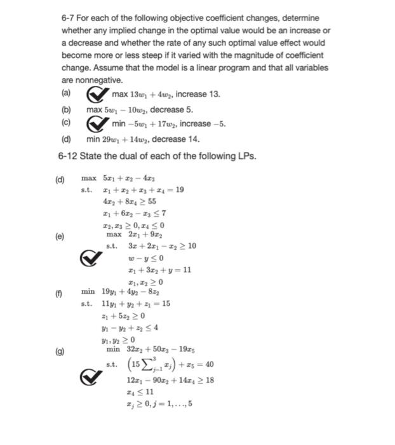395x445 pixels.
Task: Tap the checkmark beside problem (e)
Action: (91, 258)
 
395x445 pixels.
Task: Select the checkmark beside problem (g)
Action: (91, 378)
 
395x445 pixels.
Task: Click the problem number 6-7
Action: (69, 18)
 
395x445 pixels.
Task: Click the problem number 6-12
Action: (70, 156)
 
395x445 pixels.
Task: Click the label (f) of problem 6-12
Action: (60, 292)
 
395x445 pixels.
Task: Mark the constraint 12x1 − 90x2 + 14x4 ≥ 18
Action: (170, 380)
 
